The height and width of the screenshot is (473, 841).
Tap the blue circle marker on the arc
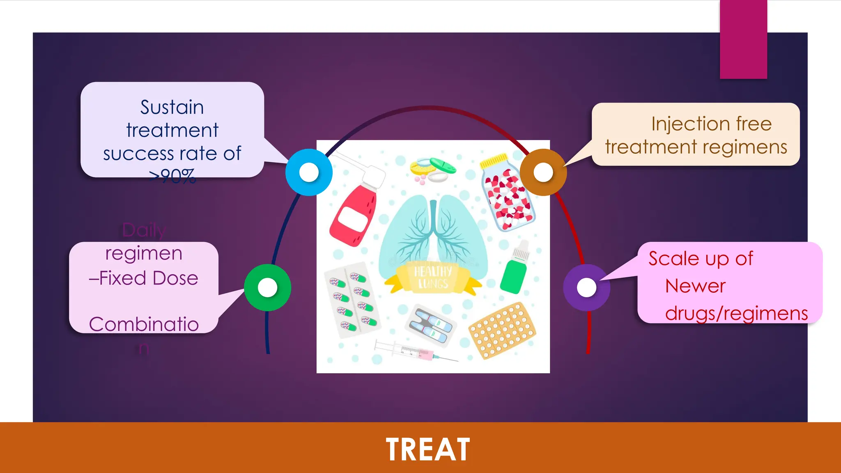(x=309, y=172)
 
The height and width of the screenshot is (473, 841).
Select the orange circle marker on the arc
(x=543, y=172)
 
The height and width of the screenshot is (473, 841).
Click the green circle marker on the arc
(x=267, y=287)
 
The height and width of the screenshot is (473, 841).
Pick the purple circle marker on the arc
(x=586, y=287)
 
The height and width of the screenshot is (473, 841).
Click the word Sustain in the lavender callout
(x=172, y=108)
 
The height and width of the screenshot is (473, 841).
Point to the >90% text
(x=172, y=177)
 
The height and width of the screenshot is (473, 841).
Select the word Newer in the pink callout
(x=695, y=286)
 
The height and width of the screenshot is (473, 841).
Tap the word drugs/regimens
(x=736, y=314)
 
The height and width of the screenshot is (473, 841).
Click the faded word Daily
(x=144, y=230)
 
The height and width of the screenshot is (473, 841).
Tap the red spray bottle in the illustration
(x=353, y=214)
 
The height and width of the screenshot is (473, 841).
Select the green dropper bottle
(x=514, y=271)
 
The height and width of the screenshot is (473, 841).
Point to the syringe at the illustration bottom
(x=415, y=351)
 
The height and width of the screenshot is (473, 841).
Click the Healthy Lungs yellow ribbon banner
(x=433, y=278)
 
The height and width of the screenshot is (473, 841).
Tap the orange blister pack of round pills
(x=502, y=331)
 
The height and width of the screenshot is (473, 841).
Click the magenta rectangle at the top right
(x=743, y=39)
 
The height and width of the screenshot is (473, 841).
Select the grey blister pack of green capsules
(x=352, y=300)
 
